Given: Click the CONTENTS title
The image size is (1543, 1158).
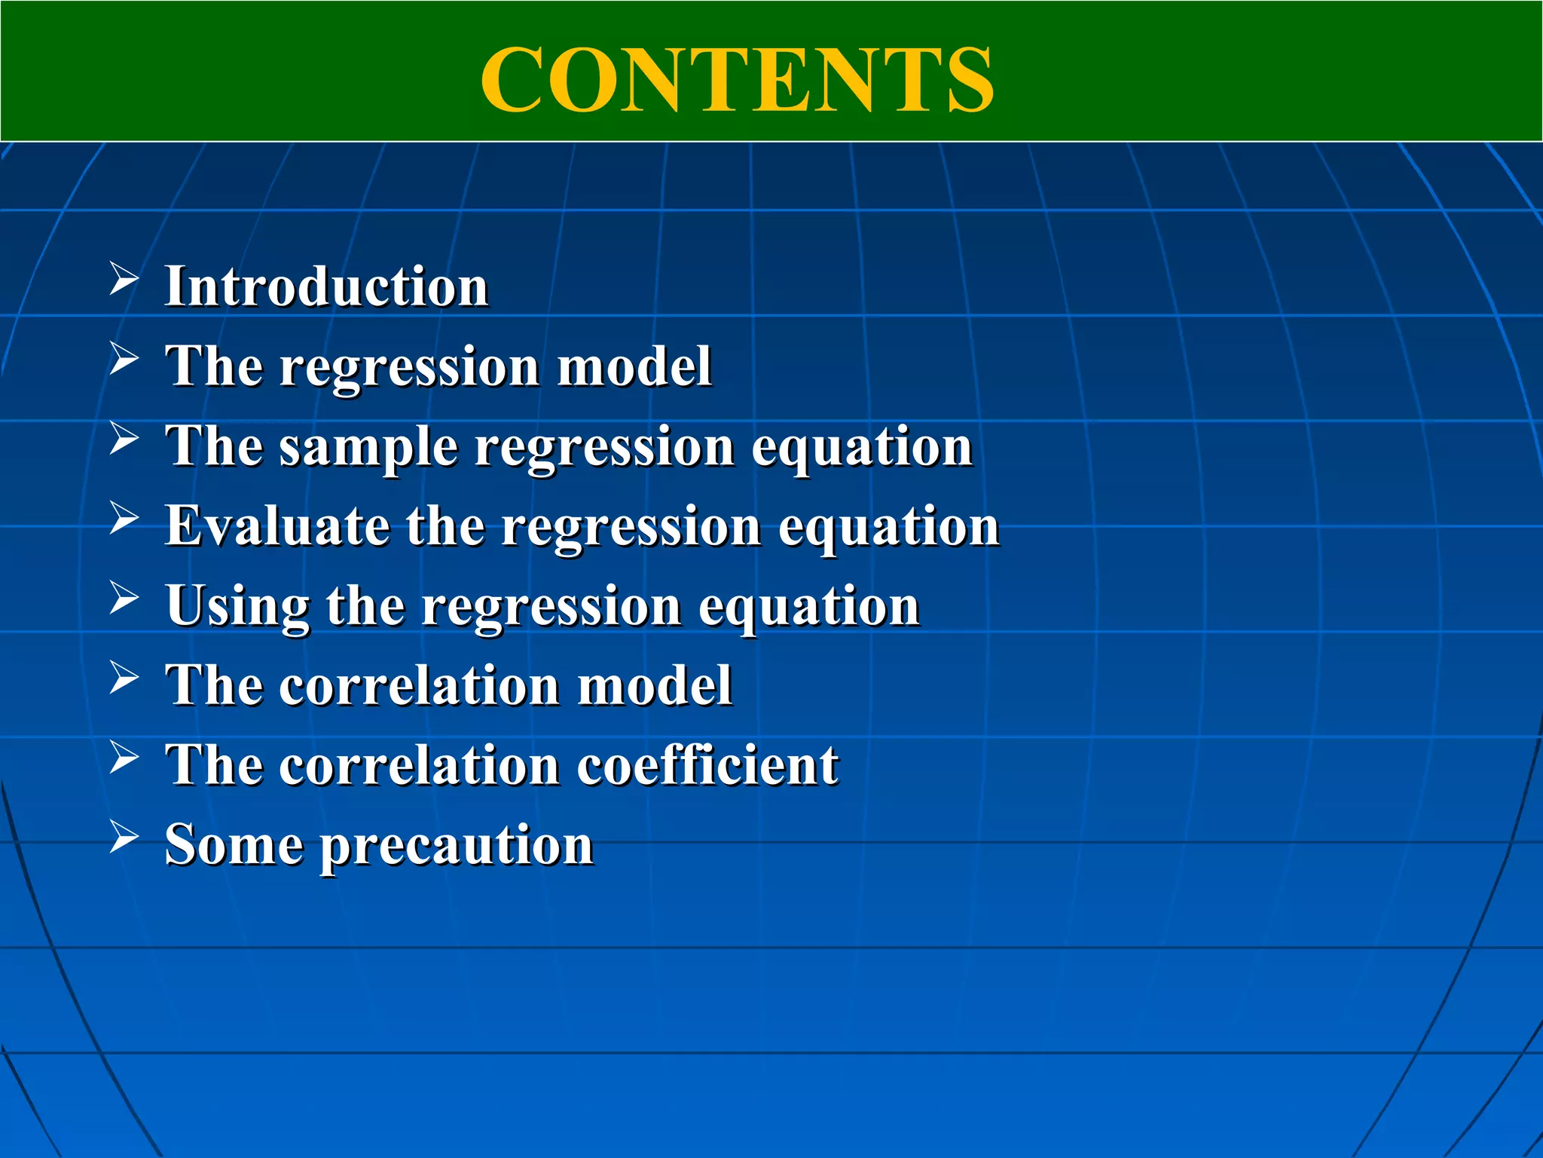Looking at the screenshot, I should click(x=737, y=80).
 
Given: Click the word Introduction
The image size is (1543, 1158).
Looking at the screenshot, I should click(x=327, y=287).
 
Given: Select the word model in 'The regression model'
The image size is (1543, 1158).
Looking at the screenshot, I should click(x=634, y=367).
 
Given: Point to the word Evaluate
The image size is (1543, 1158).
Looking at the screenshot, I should click(x=277, y=525).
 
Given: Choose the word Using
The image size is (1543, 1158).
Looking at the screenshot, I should click(x=237, y=607).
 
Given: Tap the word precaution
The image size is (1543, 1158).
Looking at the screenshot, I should click(x=457, y=846).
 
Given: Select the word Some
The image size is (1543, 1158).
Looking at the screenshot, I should click(x=234, y=844).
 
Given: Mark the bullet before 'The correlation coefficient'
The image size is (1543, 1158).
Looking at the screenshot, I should click(x=124, y=757).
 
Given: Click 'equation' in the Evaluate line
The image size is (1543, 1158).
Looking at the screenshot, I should click(x=888, y=528).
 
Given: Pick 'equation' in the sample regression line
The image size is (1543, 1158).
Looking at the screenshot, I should click(x=862, y=448).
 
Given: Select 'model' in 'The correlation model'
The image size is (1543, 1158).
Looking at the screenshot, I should click(x=655, y=686).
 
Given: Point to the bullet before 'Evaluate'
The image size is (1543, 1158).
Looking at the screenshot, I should click(x=124, y=518).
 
